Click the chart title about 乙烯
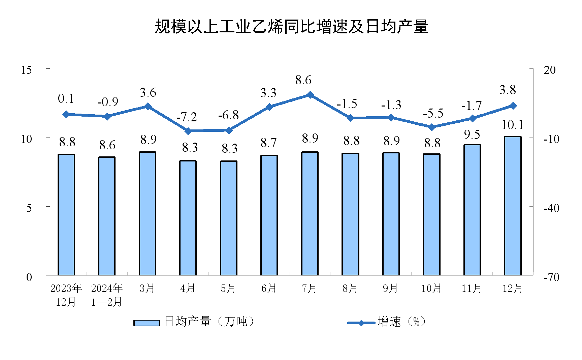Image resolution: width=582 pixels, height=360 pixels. click(x=291, y=27)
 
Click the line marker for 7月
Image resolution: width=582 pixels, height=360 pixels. click(x=310, y=95)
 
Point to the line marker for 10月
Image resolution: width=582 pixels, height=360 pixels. click(x=432, y=127)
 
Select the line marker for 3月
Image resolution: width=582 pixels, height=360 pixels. click(x=148, y=107)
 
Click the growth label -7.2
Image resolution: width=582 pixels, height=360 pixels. click(x=187, y=117)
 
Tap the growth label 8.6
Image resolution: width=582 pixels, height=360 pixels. click(x=303, y=80)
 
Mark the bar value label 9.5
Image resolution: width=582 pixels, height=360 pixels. click(x=472, y=134)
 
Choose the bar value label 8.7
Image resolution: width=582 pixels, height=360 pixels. click(x=269, y=143)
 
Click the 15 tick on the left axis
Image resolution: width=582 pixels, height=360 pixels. click(x=26, y=70)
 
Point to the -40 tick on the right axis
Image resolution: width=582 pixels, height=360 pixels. click(x=551, y=208)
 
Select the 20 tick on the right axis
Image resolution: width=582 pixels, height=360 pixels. click(x=549, y=70)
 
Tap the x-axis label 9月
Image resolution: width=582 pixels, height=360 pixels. click(x=391, y=288)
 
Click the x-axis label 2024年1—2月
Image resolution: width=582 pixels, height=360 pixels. click(x=107, y=295)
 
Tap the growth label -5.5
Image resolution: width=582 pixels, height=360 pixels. click(x=433, y=114)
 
